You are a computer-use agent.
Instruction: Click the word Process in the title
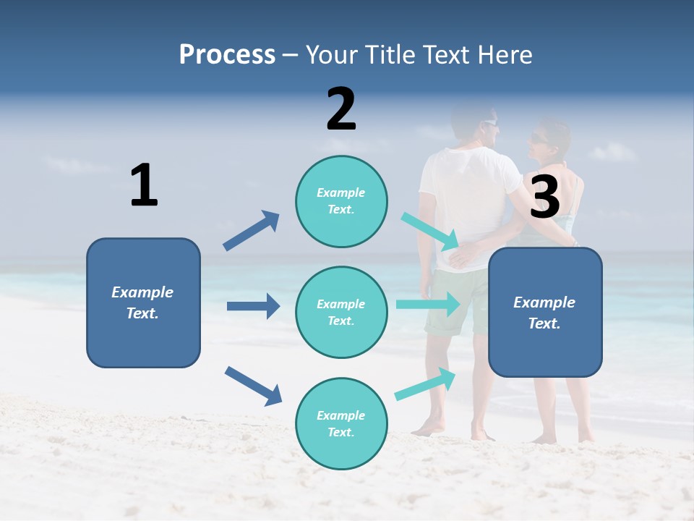227,54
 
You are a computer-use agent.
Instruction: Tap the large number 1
144,185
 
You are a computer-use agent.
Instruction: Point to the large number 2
341,109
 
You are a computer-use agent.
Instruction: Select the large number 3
545,198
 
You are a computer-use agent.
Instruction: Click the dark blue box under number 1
143,302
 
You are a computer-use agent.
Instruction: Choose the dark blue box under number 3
545,312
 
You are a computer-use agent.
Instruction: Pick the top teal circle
341,201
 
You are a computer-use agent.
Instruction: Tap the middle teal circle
341,312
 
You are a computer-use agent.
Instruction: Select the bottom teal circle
341,423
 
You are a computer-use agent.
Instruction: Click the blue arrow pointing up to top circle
252,230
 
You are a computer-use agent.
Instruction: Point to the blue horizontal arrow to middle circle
253,306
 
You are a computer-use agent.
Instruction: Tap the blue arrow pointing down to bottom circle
253,386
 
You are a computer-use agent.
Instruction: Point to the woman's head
549,139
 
